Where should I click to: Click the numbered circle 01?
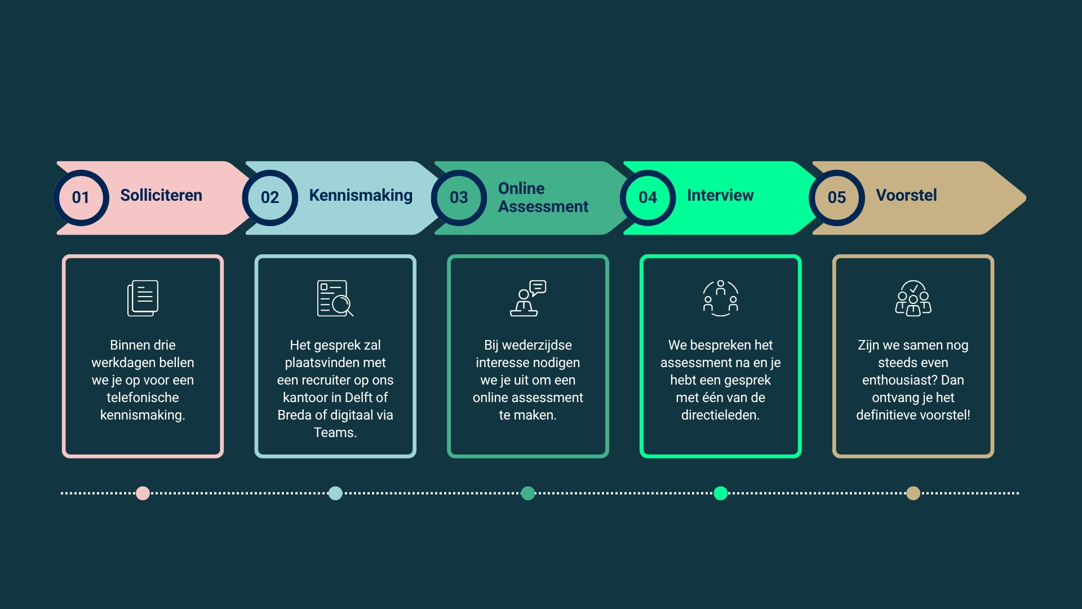pyautogui.click(x=81, y=197)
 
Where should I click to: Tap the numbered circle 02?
pyautogui.click(x=270, y=197)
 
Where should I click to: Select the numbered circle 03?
pyautogui.click(x=459, y=197)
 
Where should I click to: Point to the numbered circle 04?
pyautogui.click(x=648, y=197)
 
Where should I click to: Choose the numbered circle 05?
pyautogui.click(x=837, y=197)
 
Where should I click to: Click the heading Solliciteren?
pyautogui.click(x=161, y=195)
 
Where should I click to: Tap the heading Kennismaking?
pyautogui.click(x=361, y=196)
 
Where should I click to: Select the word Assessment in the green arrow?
pyautogui.click(x=543, y=206)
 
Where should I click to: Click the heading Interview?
pyautogui.click(x=720, y=195)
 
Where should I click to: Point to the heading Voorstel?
pyautogui.click(x=906, y=195)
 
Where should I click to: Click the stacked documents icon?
pyautogui.click(x=143, y=298)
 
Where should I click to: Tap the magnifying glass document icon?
pyautogui.click(x=335, y=298)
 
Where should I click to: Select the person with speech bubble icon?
pyautogui.click(x=528, y=298)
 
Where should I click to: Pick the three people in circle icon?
pyautogui.click(x=720, y=298)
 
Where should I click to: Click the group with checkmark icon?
pyautogui.click(x=913, y=298)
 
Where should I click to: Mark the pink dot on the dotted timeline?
pyautogui.click(x=143, y=493)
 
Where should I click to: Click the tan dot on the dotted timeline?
pyautogui.click(x=914, y=493)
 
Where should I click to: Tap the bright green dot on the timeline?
pyautogui.click(x=721, y=493)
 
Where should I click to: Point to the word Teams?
pyautogui.click(x=335, y=433)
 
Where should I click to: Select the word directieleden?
pyautogui.click(x=720, y=415)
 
